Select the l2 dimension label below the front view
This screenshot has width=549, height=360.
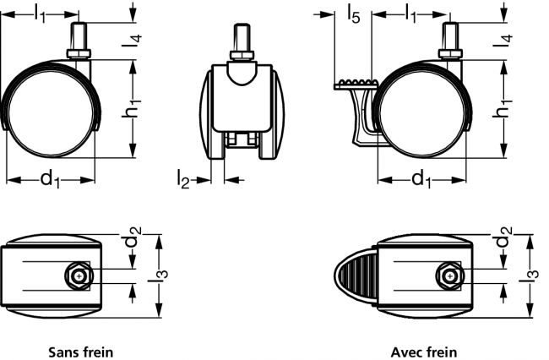click(182, 177)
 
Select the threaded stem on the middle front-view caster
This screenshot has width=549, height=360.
click(242, 41)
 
